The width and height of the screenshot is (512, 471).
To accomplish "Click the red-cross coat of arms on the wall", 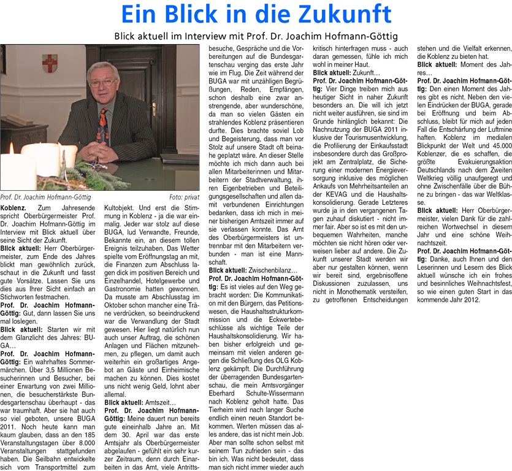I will click(50, 63).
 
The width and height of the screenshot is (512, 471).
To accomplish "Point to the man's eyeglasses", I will click(102, 81).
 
